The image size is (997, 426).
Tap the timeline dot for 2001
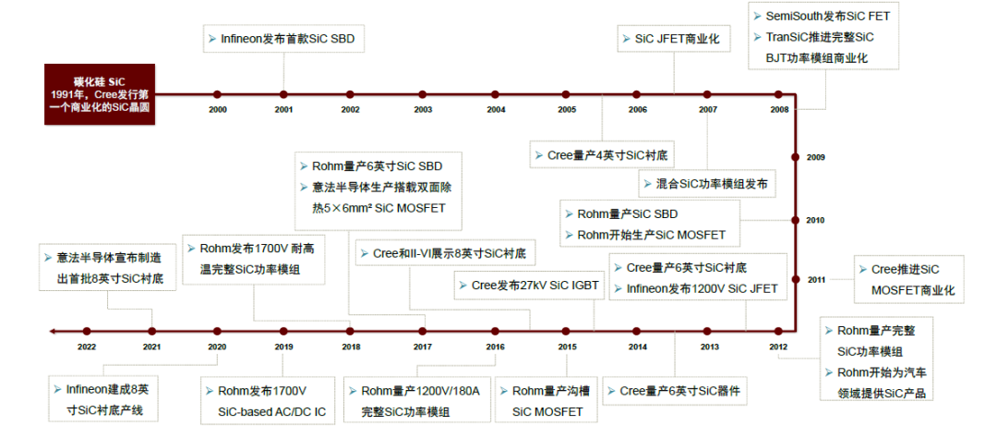coord(283,94)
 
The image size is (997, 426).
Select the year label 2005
coord(567,110)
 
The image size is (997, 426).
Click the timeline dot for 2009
coord(795,157)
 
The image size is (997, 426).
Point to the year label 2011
coord(817,279)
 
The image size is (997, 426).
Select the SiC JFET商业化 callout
coord(675,39)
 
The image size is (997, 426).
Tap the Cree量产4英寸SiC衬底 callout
coord(602,154)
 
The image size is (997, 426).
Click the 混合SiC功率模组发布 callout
coord(707,184)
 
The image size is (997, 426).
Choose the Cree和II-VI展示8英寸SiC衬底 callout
coord(445,252)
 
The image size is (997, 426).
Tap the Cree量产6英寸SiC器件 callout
coord(675,390)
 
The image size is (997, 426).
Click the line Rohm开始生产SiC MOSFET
coord(651,235)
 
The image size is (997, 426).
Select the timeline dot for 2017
coord(422,331)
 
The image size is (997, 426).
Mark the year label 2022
coord(87,347)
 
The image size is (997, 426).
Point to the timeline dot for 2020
coord(217,331)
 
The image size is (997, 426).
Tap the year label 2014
coord(638,347)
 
